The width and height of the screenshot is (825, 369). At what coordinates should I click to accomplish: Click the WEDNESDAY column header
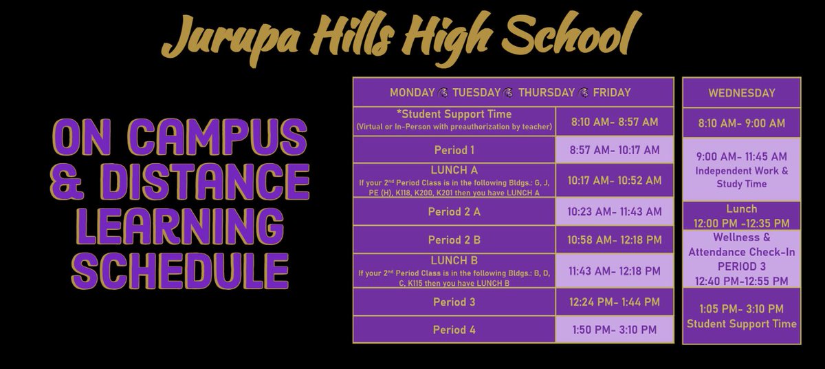741,92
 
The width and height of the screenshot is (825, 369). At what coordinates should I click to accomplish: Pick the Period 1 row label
454,149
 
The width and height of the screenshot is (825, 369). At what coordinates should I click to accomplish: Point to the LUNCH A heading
454,169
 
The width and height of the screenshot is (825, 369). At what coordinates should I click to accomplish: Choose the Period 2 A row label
454,212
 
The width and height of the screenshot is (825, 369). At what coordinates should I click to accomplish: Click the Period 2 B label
454,240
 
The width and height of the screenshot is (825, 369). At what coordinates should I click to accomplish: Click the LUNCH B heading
454,261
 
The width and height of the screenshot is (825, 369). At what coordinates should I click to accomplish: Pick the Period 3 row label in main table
454,302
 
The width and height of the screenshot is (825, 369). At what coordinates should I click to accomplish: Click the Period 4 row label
454,330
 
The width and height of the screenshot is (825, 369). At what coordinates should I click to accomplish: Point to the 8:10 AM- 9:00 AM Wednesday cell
741,123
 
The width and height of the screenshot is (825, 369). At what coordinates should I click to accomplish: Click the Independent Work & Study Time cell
741,170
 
